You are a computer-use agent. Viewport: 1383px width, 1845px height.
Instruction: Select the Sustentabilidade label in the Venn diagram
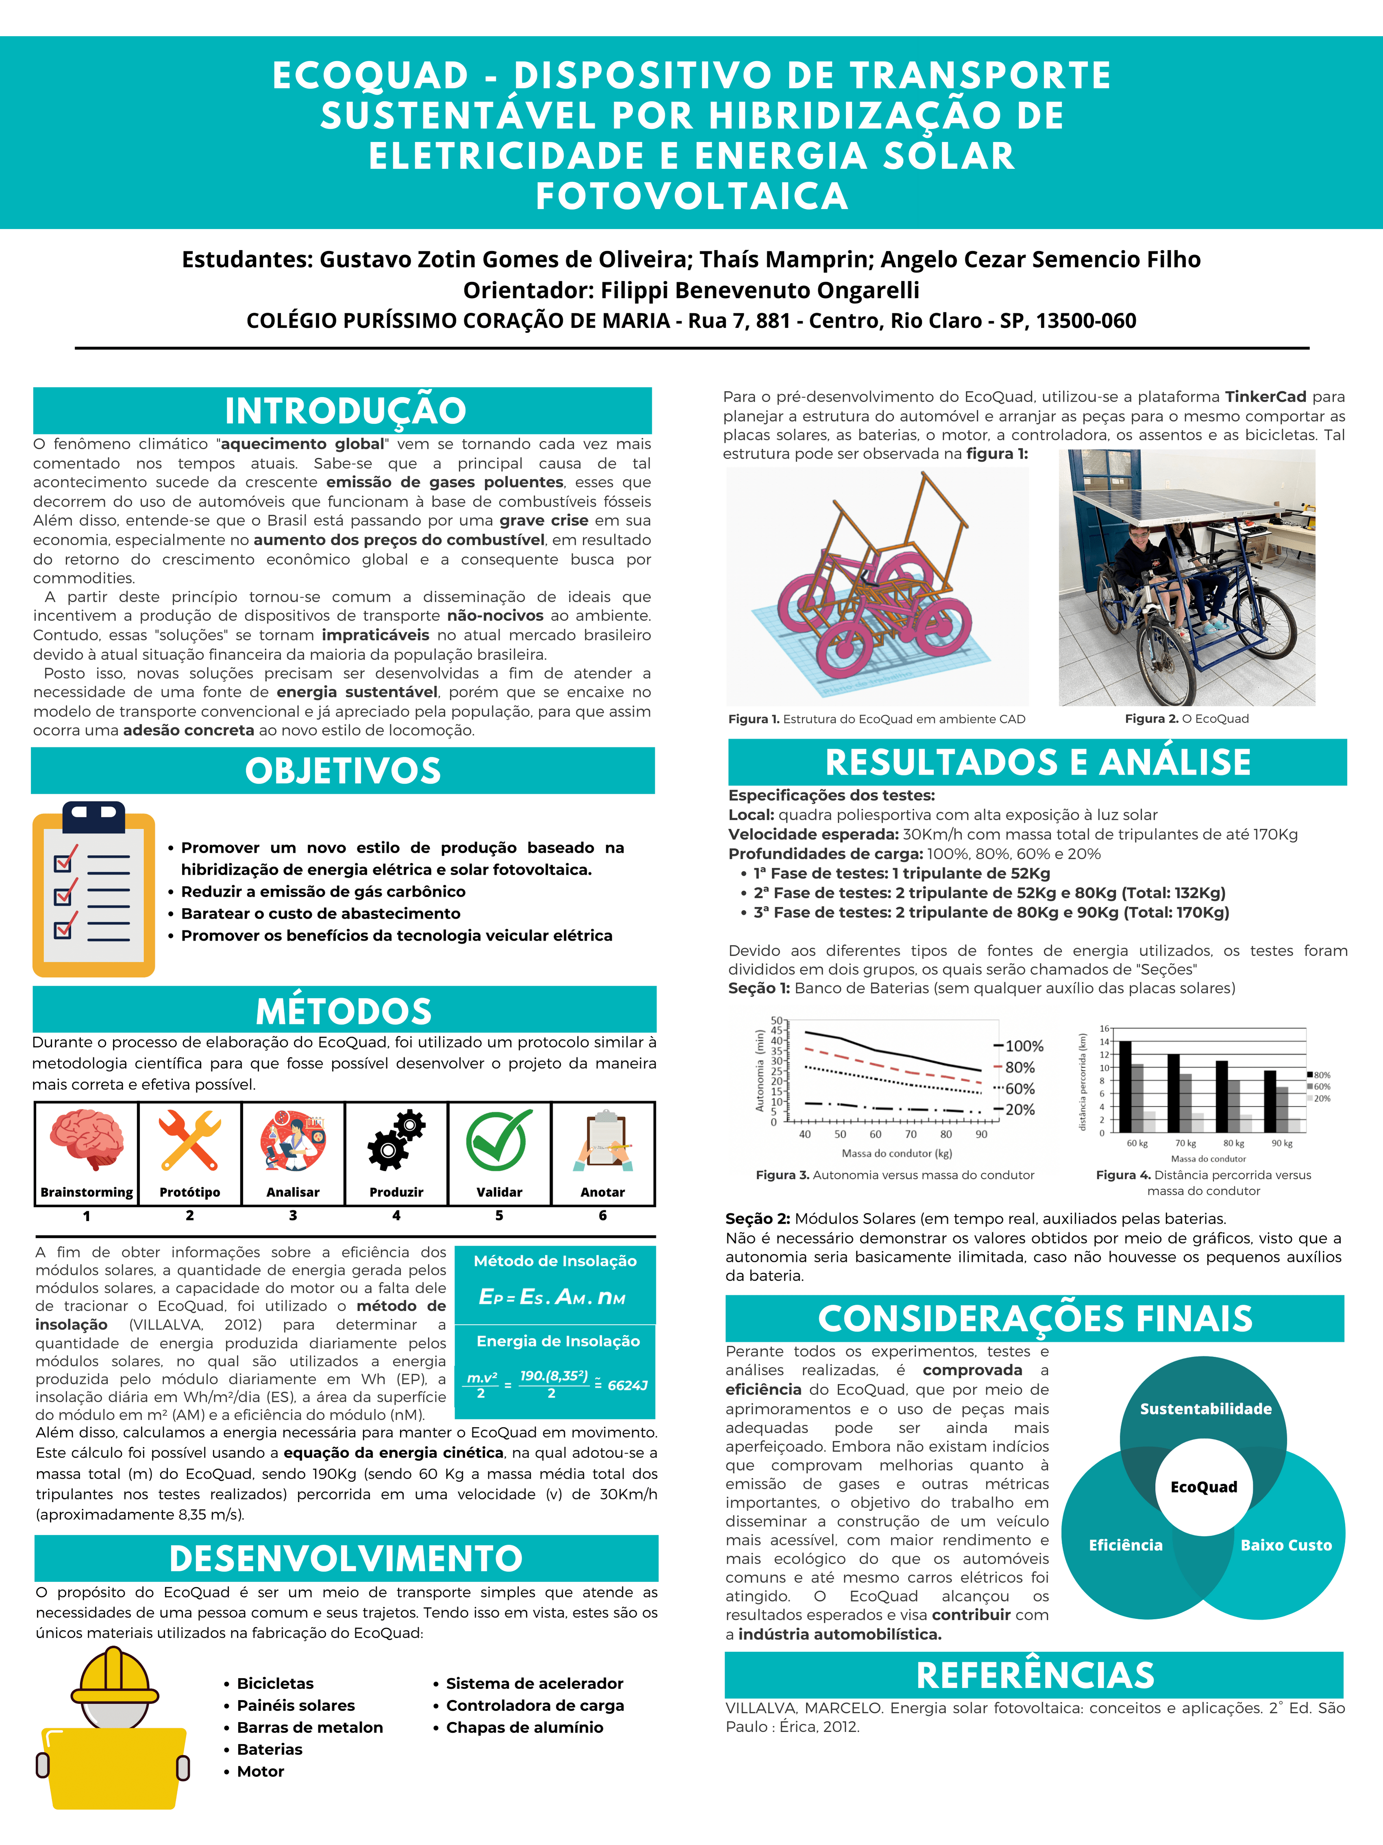1205,1409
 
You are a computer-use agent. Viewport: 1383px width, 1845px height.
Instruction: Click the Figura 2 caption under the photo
1186,719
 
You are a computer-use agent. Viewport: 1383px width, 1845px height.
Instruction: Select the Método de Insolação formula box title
555,1261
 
